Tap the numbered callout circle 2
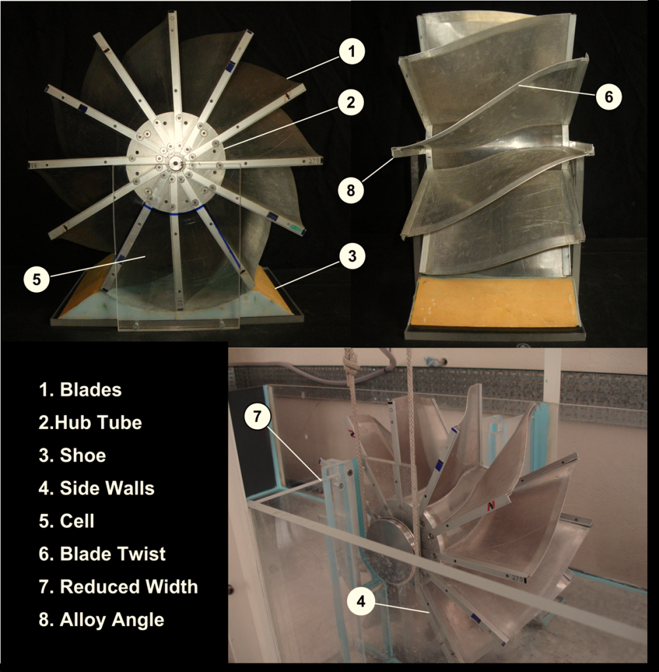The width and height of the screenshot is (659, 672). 351,102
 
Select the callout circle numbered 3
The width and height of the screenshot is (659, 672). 351,256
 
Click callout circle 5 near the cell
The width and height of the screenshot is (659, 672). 36,278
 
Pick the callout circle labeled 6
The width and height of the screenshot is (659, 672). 609,96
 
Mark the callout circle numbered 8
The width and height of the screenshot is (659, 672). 351,190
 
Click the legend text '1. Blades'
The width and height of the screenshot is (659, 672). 80,389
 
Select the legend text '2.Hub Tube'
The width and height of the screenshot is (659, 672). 90,422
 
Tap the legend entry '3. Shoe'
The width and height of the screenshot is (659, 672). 72,455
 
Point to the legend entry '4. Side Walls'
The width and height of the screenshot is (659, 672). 96,488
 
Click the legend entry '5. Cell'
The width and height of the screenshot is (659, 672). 66,521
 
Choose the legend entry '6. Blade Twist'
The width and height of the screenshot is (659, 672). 102,554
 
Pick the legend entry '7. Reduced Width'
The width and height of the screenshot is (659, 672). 118,587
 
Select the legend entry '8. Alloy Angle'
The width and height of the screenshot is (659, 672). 101,619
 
